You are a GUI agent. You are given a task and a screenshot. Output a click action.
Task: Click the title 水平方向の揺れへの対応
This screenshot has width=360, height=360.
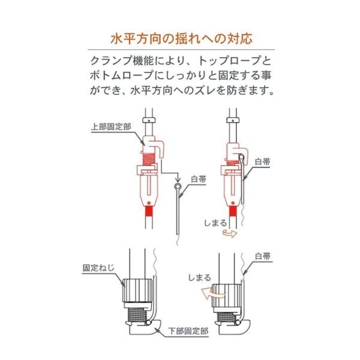(x=181, y=38)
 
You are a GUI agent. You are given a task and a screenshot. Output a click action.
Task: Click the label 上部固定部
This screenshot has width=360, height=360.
(x=111, y=127)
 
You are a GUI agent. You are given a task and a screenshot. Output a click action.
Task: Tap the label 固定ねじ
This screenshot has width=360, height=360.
(x=98, y=268)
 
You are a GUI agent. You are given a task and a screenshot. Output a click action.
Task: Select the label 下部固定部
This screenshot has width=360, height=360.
(x=188, y=331)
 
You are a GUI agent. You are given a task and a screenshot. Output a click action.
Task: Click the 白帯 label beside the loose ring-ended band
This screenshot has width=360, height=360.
(x=199, y=179)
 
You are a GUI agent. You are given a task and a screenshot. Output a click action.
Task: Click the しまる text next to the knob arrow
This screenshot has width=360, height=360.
(x=200, y=278)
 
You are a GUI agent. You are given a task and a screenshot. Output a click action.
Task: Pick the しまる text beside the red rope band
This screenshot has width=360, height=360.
(x=215, y=223)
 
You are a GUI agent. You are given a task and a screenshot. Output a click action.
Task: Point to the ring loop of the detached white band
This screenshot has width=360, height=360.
(x=178, y=186)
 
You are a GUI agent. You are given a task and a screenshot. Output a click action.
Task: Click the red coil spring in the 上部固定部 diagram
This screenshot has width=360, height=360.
(x=149, y=159)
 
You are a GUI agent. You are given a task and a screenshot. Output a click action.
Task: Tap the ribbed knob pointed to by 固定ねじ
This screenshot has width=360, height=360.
(x=137, y=290)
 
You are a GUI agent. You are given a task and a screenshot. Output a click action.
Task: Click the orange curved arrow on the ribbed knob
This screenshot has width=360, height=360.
(x=212, y=293)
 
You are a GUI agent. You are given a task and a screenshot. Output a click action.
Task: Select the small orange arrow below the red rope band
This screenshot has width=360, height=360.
(x=230, y=234)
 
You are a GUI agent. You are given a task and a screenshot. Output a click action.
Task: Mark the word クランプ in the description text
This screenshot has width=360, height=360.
(x=112, y=61)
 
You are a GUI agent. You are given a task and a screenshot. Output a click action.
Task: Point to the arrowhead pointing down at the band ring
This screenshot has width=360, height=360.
(x=178, y=179)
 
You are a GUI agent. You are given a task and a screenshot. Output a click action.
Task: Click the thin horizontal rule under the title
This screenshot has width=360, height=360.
(x=181, y=50)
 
